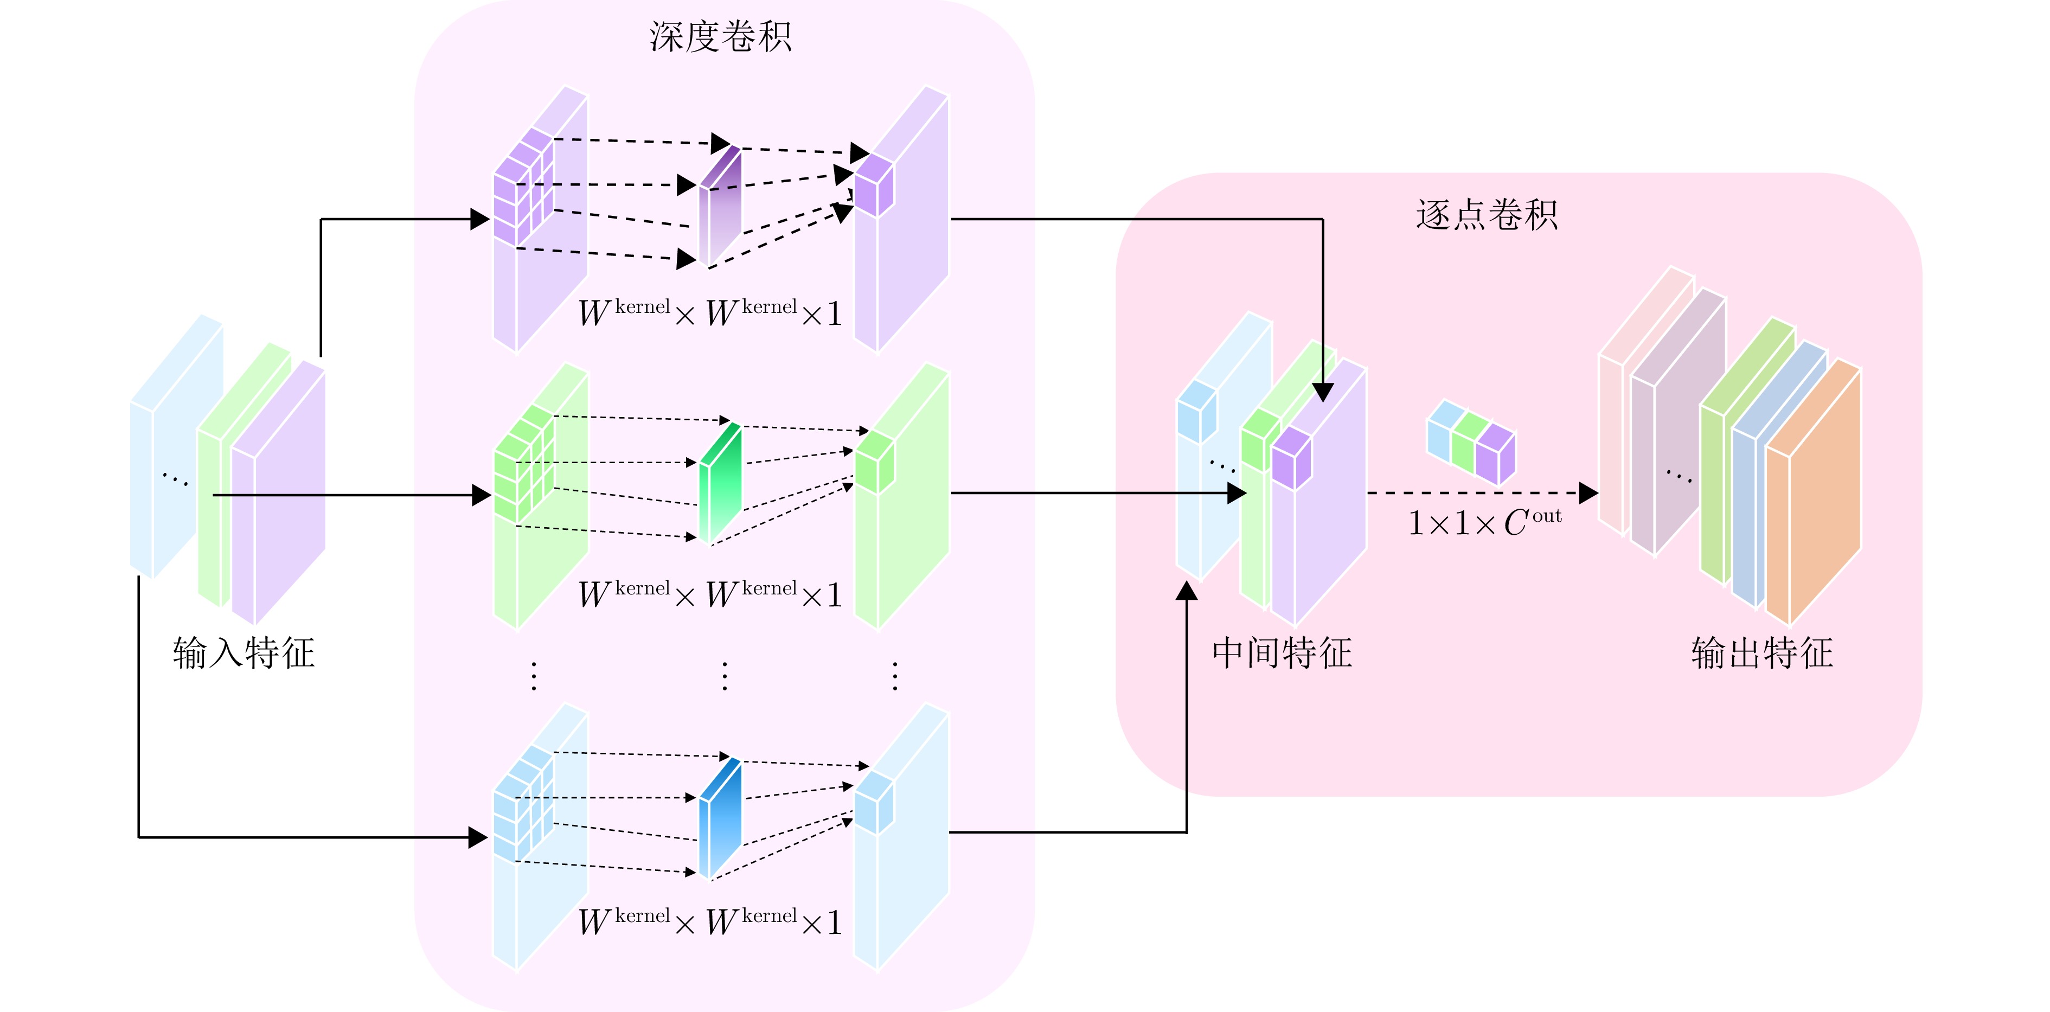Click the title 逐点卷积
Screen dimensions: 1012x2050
(1486, 215)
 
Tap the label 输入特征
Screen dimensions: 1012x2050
(244, 653)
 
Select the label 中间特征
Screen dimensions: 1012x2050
(1282, 653)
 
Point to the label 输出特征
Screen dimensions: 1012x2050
(1762, 653)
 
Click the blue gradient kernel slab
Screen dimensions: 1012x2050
(720, 818)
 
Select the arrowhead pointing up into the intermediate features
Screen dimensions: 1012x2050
(1187, 590)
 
